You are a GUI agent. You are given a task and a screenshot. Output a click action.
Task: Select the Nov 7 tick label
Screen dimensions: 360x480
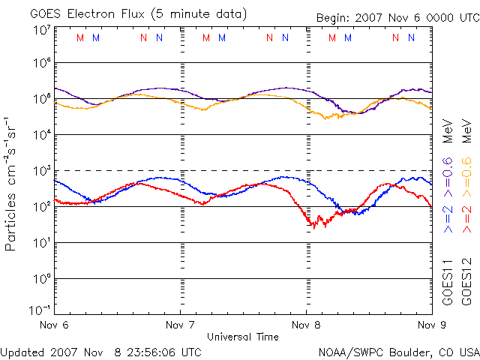coord(180,325)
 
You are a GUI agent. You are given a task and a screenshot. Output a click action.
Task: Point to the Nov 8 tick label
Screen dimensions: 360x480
coord(305,325)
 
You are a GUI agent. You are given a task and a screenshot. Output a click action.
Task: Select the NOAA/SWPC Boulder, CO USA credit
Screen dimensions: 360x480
coord(398,352)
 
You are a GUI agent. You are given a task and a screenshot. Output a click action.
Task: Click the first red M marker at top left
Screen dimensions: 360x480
coord(80,37)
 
